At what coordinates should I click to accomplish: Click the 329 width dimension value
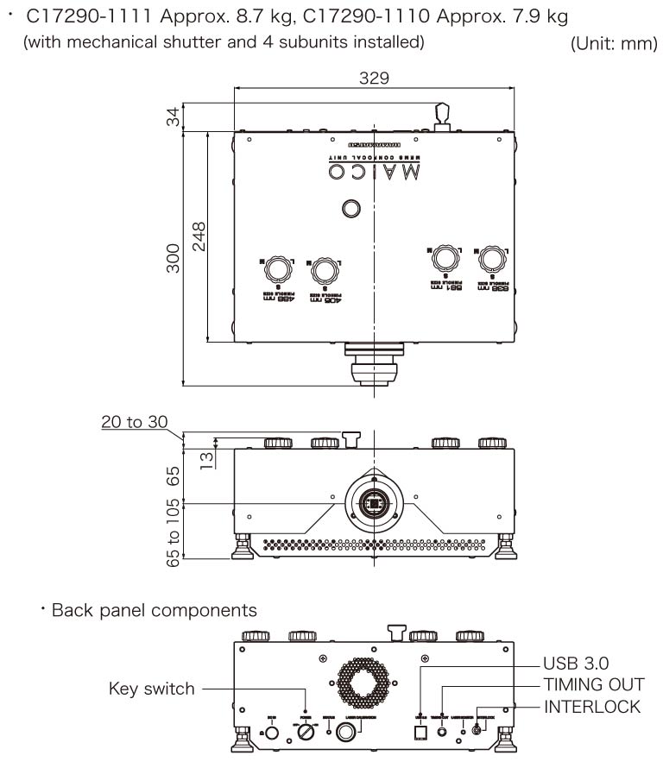(x=374, y=78)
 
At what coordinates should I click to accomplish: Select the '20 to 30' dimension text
(x=134, y=422)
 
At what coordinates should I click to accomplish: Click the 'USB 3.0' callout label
(x=576, y=663)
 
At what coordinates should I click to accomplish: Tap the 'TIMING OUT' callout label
(x=594, y=684)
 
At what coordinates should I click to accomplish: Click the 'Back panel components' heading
(x=154, y=611)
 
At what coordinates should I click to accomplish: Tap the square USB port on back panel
(x=421, y=731)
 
